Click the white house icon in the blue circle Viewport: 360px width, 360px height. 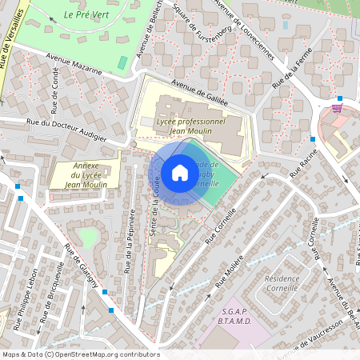[179, 173]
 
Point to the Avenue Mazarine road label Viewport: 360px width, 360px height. [74, 63]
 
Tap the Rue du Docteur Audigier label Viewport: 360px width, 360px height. [66, 130]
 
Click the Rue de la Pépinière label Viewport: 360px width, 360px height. [129, 240]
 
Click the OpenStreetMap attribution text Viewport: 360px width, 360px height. [81, 354]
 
